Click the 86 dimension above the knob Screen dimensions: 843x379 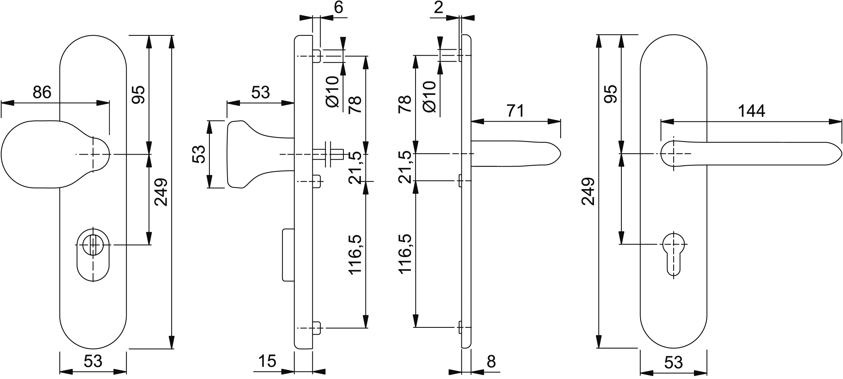point(42,92)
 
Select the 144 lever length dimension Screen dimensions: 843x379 point(751,111)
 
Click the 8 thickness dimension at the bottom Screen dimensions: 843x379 point(491,362)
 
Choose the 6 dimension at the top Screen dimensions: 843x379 point(338,7)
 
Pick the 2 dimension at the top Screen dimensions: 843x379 point(438,7)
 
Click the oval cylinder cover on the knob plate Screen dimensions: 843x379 point(93,257)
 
